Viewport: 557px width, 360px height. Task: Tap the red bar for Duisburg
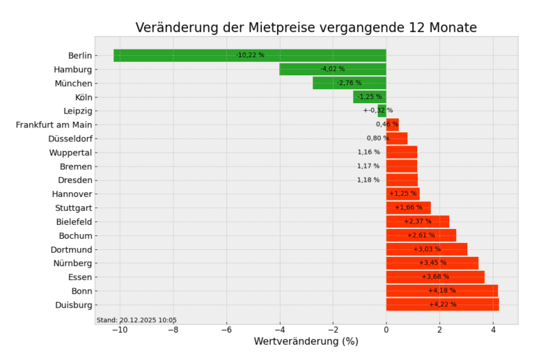pyautogui.click(x=442, y=304)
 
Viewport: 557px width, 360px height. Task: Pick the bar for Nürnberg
pyautogui.click(x=432, y=263)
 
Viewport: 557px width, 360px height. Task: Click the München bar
pyautogui.click(x=350, y=83)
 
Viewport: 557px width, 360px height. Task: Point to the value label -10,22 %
pyautogui.click(x=250, y=55)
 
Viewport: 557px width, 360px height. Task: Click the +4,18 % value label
pyautogui.click(x=442, y=290)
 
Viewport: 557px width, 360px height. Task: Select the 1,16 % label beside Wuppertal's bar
pyautogui.click(x=368, y=152)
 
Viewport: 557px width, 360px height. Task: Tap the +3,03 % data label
pyautogui.click(x=427, y=249)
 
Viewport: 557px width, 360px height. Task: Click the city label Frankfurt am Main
pyautogui.click(x=54, y=125)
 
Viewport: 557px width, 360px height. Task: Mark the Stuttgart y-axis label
pyautogui.click(x=73, y=208)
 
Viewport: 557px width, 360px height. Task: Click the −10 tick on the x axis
pyautogui.click(x=119, y=330)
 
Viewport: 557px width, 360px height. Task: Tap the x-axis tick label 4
pyautogui.click(x=493, y=330)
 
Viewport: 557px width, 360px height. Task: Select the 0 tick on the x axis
pyautogui.click(x=386, y=330)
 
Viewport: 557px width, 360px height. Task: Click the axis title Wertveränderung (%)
pyautogui.click(x=306, y=342)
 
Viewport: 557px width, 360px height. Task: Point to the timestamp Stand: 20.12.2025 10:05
pyautogui.click(x=136, y=320)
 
